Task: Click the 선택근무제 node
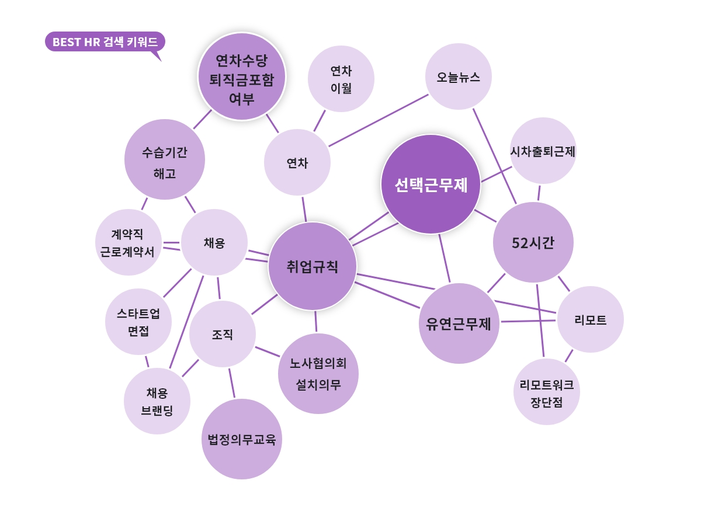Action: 431,185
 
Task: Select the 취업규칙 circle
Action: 313,266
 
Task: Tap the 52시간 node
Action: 533,242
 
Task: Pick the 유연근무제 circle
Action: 459,323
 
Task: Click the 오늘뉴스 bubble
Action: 459,76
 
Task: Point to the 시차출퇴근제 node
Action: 543,151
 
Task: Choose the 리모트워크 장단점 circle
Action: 547,392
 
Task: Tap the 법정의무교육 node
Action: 242,439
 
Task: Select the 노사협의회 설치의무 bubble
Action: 318,374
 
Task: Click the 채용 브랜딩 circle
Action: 157,401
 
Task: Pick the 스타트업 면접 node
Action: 138,322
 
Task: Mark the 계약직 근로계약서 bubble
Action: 128,243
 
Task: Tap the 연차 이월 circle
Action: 341,79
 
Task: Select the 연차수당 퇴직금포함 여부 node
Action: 242,76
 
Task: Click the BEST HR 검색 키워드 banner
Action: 105,42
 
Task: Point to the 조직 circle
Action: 223,334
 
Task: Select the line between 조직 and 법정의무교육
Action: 232,383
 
